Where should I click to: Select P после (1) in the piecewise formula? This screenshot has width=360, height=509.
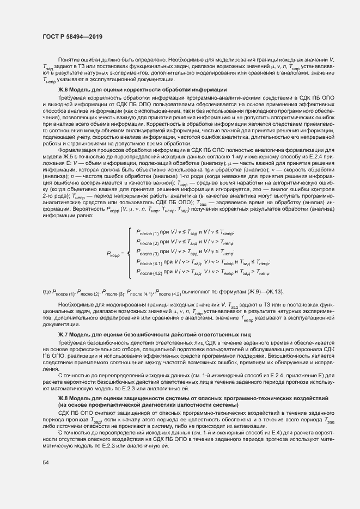tap(148, 232)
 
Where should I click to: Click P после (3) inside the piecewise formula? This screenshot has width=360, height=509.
tap(148, 253)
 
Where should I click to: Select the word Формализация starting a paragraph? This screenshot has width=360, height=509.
tap(77, 148)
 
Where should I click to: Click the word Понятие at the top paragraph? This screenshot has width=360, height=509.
tap(69, 58)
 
